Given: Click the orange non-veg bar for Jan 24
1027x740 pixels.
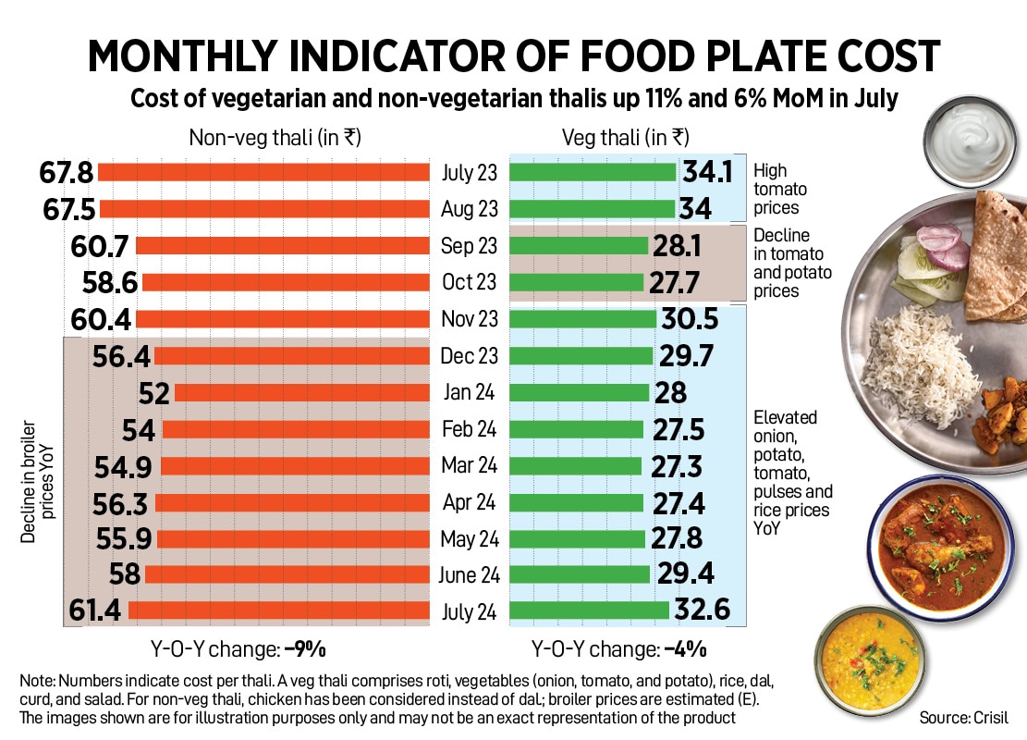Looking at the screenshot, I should click(301, 393).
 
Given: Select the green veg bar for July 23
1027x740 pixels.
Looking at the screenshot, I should click(593, 172).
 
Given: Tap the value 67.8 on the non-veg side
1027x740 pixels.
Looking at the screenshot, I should click(67, 173).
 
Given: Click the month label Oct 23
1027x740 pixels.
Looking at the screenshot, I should click(470, 282).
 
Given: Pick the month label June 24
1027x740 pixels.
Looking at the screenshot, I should click(470, 575).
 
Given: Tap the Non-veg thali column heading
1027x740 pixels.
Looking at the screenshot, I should click(275, 138).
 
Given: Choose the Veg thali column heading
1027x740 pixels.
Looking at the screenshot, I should click(626, 138).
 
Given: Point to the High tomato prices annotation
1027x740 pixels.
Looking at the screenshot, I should click(780, 190).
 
